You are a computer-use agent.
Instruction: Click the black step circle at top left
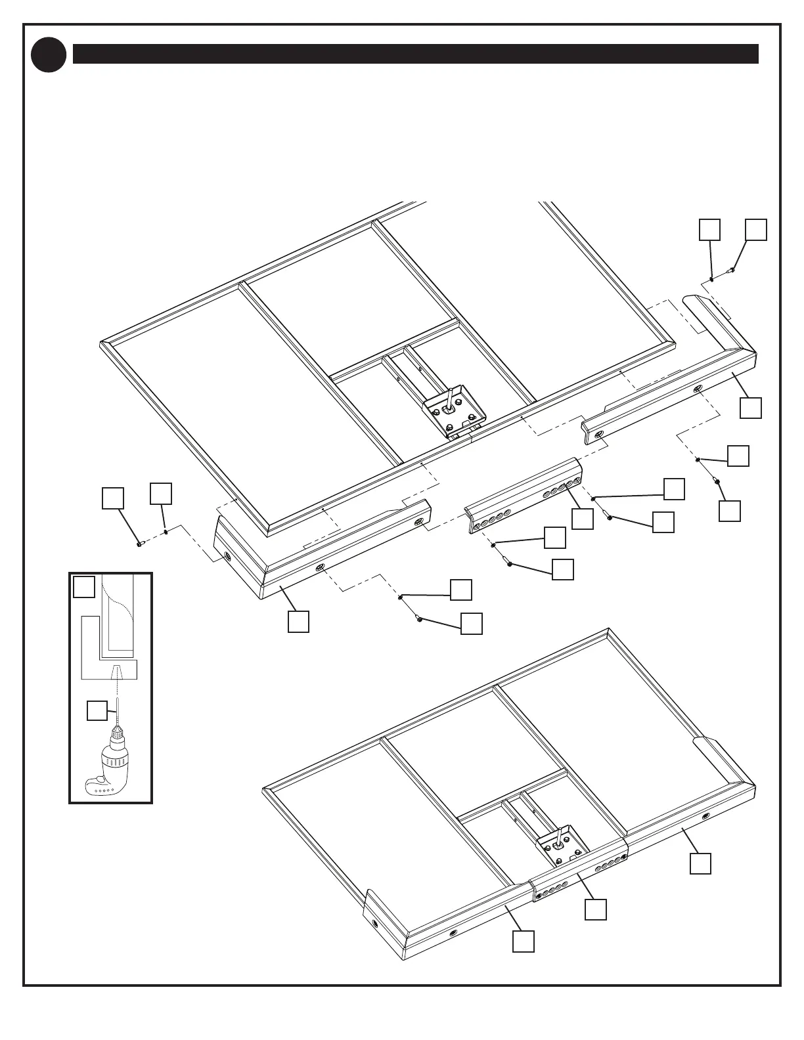tap(49, 54)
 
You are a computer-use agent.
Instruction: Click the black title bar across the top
tap(415, 54)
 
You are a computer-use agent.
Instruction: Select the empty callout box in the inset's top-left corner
tap(83, 587)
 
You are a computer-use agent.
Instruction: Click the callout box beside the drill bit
tap(97, 710)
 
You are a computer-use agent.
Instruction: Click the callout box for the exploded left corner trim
tap(298, 622)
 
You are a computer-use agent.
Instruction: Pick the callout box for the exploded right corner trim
tap(751, 408)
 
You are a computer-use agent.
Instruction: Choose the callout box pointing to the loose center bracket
tap(583, 519)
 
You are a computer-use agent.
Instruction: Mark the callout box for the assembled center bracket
tap(596, 909)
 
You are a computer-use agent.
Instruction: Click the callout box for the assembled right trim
tap(701, 863)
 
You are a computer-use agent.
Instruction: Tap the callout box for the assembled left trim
tap(524, 942)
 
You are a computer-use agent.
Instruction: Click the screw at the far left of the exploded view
tap(140, 544)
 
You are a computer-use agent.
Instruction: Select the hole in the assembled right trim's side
tap(705, 816)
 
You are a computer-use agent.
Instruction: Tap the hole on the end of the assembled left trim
tap(374, 923)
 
